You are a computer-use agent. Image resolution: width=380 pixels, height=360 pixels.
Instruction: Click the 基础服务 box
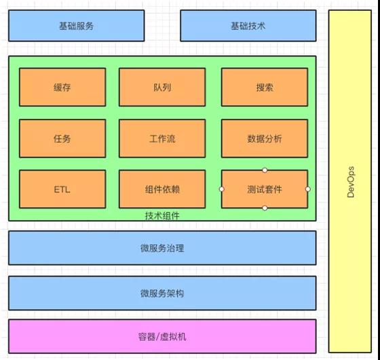76,26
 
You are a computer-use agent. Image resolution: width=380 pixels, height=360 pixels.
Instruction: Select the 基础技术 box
248,26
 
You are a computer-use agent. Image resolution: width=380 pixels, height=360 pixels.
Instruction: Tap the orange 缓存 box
62,88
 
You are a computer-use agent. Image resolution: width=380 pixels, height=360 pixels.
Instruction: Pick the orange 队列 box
162,88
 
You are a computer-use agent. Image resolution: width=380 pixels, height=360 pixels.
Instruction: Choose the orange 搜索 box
265,88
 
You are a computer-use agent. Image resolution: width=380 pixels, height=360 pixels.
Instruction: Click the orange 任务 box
62,139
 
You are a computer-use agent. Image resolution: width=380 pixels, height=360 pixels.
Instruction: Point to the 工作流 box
162,139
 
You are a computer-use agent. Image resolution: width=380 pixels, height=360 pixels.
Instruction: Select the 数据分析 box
265,139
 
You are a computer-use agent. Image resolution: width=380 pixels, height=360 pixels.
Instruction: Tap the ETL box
62,190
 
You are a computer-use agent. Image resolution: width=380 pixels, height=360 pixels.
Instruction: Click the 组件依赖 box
162,190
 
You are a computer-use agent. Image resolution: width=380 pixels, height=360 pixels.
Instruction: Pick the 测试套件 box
265,190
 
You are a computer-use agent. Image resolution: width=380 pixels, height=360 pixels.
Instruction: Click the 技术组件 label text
162,216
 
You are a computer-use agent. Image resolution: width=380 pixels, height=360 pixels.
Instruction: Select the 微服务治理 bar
162,248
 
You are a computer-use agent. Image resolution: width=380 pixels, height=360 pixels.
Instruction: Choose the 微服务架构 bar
162,293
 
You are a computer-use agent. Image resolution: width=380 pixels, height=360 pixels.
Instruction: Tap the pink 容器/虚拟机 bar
162,336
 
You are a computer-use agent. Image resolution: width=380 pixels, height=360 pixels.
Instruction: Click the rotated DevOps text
350,182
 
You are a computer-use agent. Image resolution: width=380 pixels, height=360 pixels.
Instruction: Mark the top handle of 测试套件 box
265,170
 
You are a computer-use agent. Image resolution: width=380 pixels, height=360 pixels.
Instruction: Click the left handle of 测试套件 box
221,189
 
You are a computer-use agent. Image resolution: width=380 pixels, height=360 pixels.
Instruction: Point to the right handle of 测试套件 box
308,189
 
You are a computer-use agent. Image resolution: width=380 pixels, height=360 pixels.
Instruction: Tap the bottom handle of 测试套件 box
265,208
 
